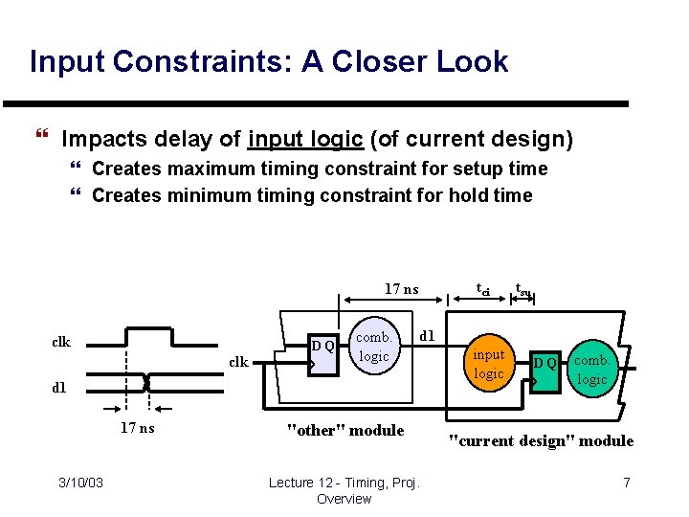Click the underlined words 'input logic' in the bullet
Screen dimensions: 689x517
click(304, 140)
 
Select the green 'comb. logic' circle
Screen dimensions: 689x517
click(592, 369)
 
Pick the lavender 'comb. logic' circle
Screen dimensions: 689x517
click(374, 347)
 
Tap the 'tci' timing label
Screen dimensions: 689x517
click(483, 288)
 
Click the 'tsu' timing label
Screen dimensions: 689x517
click(522, 288)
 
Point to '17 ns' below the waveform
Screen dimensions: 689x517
click(136, 428)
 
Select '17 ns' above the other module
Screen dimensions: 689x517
click(401, 288)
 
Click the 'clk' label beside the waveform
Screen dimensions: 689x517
click(61, 342)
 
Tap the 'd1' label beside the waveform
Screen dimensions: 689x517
click(59, 388)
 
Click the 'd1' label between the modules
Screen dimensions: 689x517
click(428, 336)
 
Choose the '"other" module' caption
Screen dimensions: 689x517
click(345, 430)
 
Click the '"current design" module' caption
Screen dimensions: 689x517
click(541, 440)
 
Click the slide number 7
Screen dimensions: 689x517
click(626, 483)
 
